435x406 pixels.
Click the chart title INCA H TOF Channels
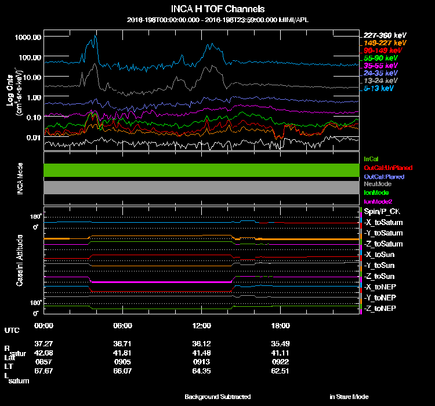coord(217,9)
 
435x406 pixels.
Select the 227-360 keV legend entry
coord(380,35)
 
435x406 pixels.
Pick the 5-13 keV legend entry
coord(380,89)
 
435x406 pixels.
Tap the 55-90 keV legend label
coord(380,59)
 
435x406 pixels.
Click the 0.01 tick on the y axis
coord(34,137)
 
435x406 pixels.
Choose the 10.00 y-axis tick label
coord(30,77)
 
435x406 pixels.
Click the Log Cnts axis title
coord(10,93)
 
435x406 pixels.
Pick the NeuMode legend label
coord(377,184)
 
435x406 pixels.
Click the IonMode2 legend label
coord(378,201)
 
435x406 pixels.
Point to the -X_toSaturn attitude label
coord(383,223)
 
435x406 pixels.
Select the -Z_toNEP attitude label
coord(380,308)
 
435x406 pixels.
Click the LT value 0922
coord(280,360)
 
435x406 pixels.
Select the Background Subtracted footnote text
coord(217,397)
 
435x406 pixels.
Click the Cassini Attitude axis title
coord(20,260)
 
